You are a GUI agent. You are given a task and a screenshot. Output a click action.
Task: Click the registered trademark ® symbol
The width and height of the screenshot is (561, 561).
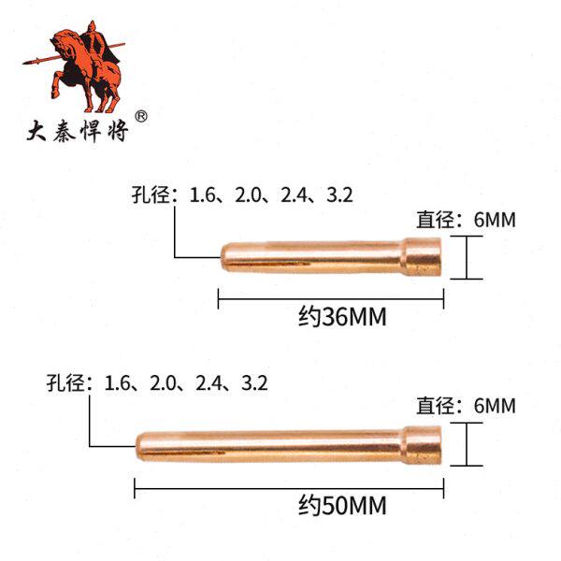tap(142, 117)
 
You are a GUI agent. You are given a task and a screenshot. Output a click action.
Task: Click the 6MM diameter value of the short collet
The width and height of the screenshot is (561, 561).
tap(496, 221)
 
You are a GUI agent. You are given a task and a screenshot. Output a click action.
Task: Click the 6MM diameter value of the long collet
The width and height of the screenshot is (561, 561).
tap(496, 406)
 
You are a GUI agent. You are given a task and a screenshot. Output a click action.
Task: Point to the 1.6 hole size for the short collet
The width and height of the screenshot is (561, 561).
tap(203, 195)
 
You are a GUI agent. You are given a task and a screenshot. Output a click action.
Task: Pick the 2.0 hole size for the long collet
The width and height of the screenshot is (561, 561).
tap(164, 382)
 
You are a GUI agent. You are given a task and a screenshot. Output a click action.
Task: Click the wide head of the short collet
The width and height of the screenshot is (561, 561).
tap(424, 257)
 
